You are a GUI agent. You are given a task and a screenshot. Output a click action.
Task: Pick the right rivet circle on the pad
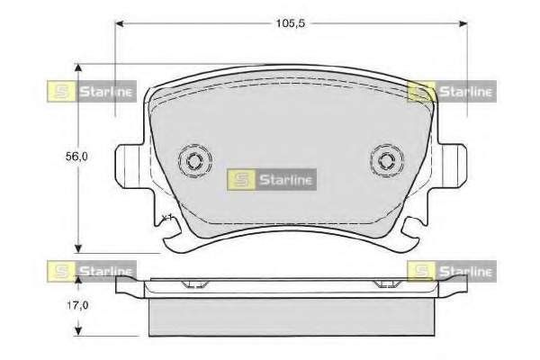pos(385,161)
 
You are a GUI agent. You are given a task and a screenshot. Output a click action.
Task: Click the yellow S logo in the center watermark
pos(240,180)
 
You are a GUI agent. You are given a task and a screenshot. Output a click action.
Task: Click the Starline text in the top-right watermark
pos(464,91)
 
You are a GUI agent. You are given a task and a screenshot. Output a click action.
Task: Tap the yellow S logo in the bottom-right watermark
pos(420,270)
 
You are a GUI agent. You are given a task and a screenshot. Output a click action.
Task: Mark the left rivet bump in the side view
pos(193,285)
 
